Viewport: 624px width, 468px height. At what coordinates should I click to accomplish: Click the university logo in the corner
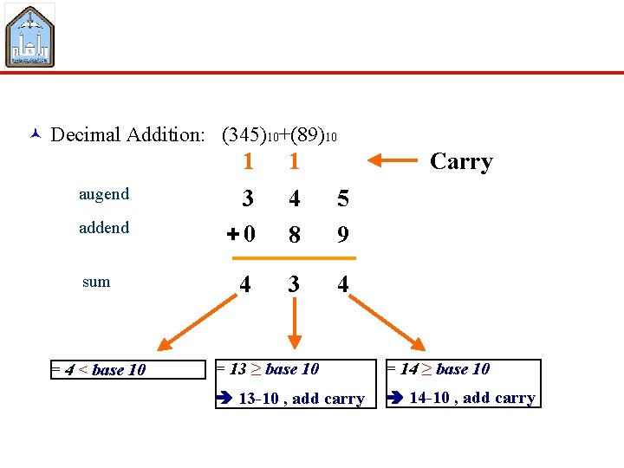[30, 35]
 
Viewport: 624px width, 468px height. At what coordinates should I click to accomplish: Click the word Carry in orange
[461, 162]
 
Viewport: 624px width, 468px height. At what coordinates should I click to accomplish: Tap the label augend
[103, 194]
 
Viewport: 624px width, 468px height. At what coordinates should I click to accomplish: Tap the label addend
[103, 228]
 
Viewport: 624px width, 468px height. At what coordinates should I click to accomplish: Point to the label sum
[96, 282]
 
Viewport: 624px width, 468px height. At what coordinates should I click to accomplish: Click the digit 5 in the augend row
[343, 199]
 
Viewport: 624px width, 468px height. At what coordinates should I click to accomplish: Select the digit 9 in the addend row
[343, 234]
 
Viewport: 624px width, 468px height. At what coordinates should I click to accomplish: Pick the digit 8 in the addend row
[295, 234]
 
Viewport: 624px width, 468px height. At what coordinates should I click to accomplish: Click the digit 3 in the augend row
[248, 199]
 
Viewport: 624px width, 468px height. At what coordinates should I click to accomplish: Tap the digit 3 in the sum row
[295, 283]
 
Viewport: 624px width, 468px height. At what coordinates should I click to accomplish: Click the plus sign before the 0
[231, 234]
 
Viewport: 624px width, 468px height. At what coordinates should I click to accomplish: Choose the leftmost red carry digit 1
[248, 162]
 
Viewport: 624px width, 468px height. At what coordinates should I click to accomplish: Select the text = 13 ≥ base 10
[268, 369]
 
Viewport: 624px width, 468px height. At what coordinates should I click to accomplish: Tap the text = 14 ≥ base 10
[439, 369]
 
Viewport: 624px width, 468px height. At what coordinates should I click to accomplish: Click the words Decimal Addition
[127, 134]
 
